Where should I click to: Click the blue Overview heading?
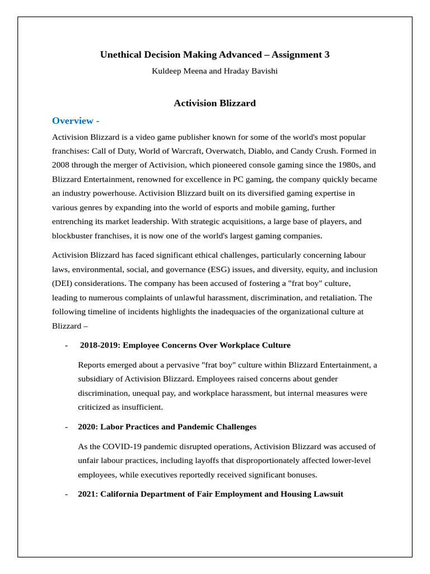click(76, 121)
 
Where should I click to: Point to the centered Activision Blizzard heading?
click(214, 103)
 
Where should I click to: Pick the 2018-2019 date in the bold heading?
click(99, 345)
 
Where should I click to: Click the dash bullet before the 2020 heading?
click(67, 427)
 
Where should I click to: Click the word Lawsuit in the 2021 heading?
click(327, 494)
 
